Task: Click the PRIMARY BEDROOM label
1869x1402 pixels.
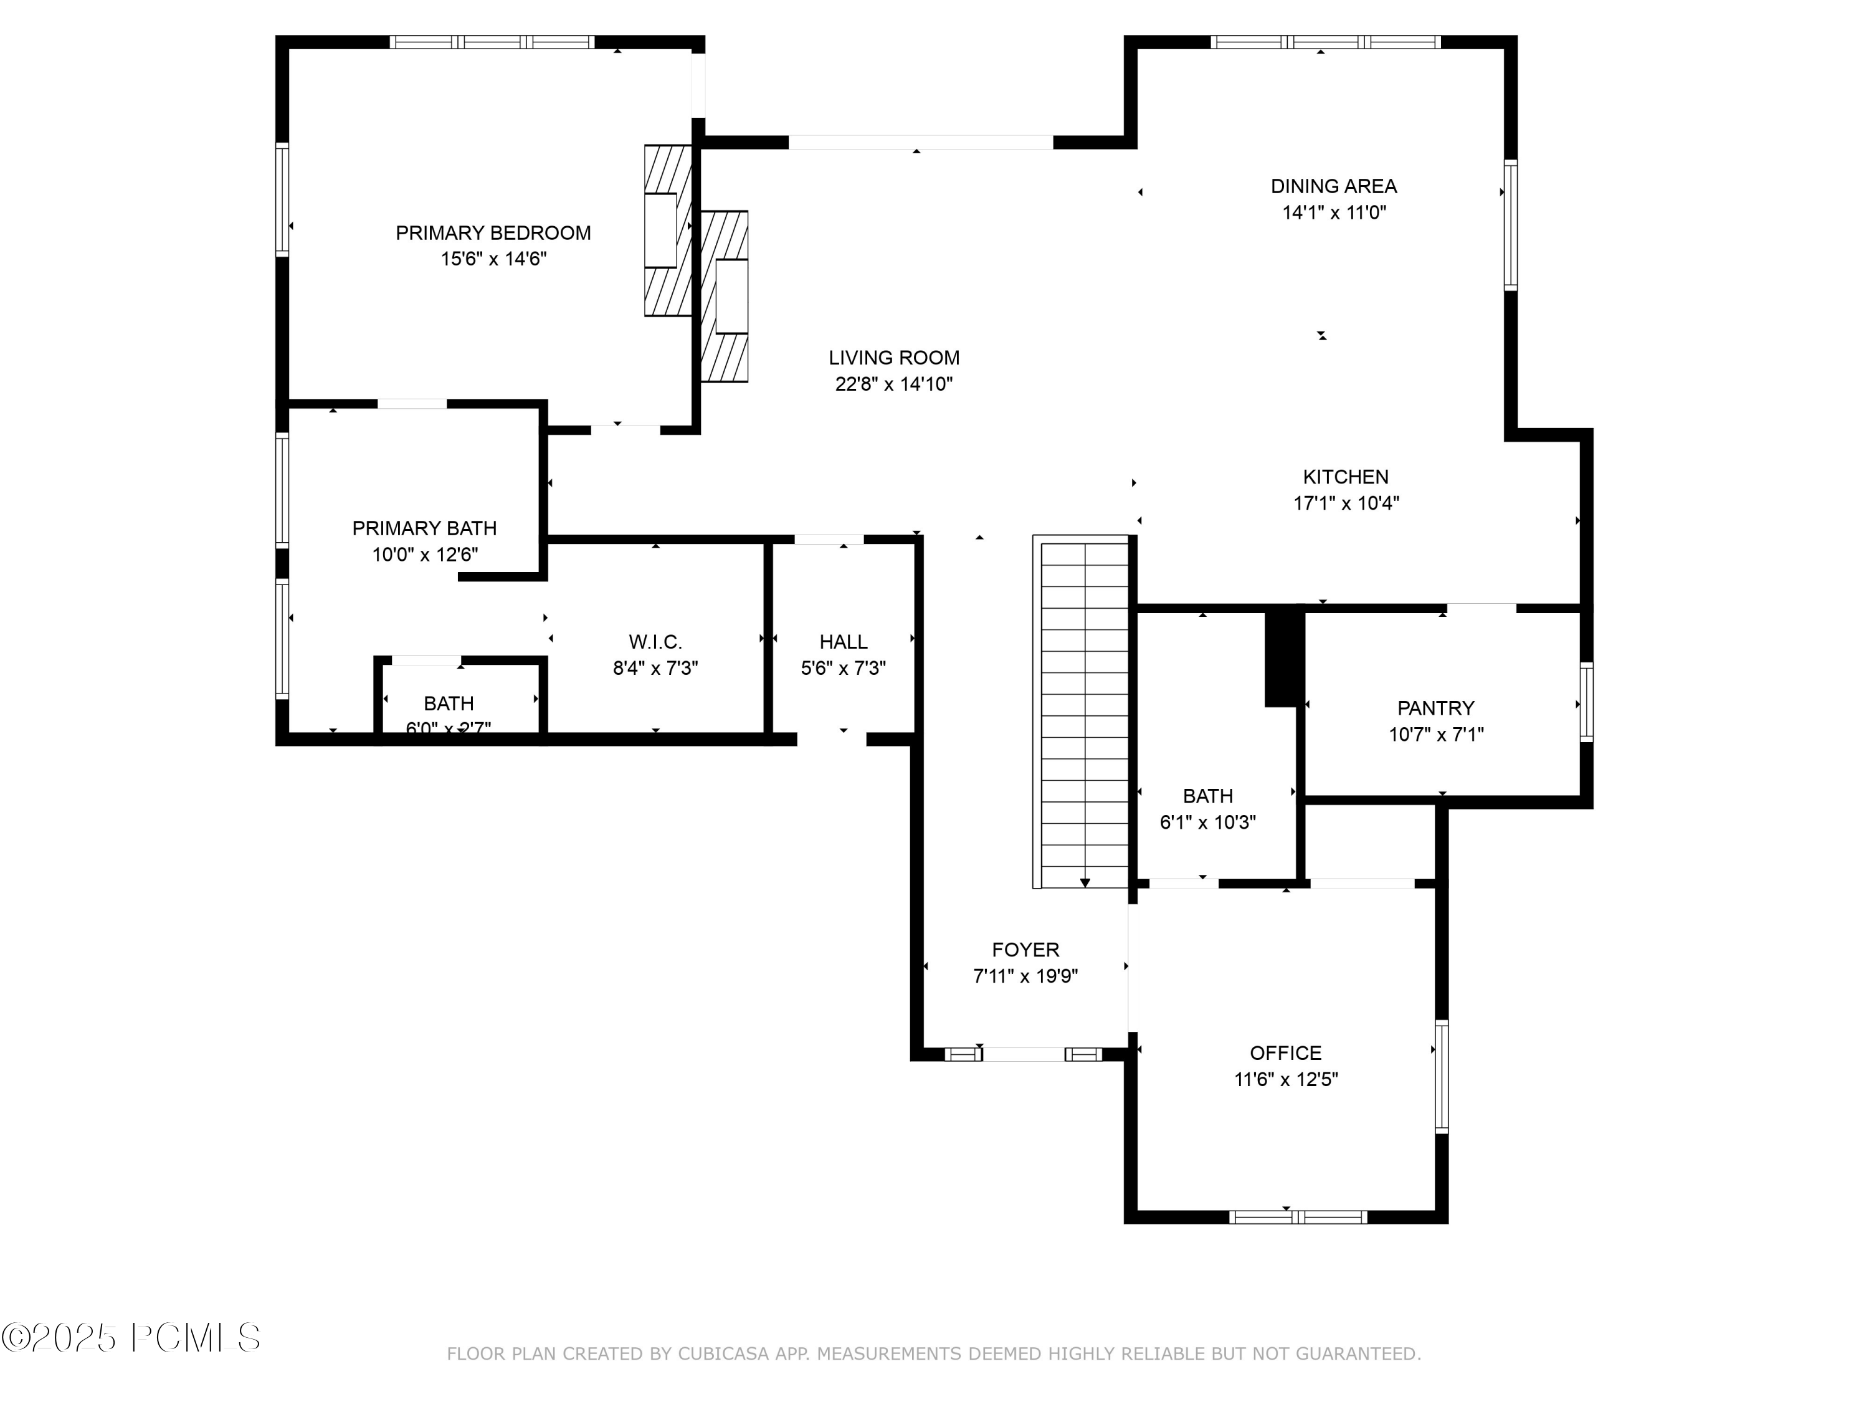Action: click(493, 233)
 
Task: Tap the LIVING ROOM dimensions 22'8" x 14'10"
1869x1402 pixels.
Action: click(894, 384)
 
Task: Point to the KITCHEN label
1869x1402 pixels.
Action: click(1345, 477)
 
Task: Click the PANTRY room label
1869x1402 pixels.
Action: click(1435, 708)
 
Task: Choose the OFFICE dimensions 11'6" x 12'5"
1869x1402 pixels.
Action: click(1286, 1079)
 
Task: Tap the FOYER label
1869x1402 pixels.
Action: click(1025, 950)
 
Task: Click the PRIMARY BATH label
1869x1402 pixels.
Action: click(424, 529)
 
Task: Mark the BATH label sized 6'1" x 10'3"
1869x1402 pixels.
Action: click(1207, 796)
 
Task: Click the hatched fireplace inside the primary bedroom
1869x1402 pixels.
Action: click(667, 231)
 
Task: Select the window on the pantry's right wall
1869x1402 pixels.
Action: click(1586, 703)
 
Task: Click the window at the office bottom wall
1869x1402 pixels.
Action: click(1298, 1217)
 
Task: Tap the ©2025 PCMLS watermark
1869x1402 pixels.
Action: click(131, 1338)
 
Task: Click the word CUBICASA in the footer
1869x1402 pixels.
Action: click(723, 1354)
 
